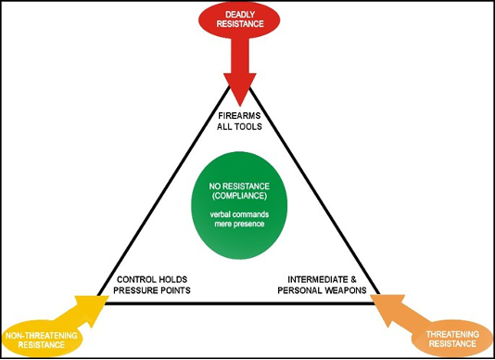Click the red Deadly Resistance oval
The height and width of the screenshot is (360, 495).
[x=247, y=21]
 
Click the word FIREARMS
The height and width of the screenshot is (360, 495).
[x=247, y=115]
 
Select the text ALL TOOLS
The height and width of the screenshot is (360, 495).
[x=247, y=127]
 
